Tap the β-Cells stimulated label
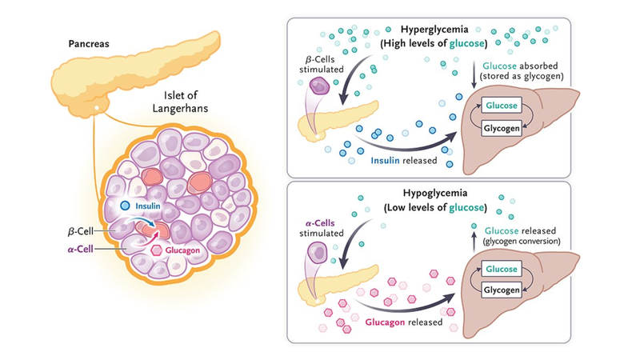[x=329, y=63]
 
